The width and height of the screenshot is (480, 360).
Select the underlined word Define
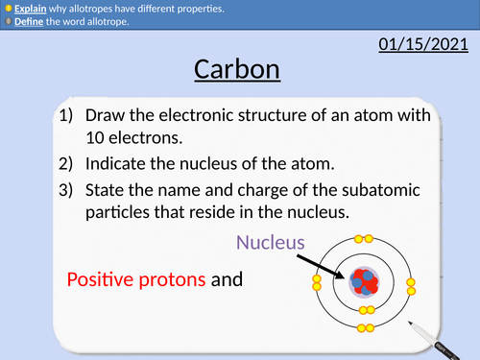(30, 21)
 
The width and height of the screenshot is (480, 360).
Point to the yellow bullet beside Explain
(9, 9)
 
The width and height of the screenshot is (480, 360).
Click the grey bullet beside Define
(9, 21)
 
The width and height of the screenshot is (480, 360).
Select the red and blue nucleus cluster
(364, 282)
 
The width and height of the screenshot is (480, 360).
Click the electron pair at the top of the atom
(364, 237)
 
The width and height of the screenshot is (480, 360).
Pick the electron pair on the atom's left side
(317, 282)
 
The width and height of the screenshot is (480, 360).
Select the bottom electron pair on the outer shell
(364, 328)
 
